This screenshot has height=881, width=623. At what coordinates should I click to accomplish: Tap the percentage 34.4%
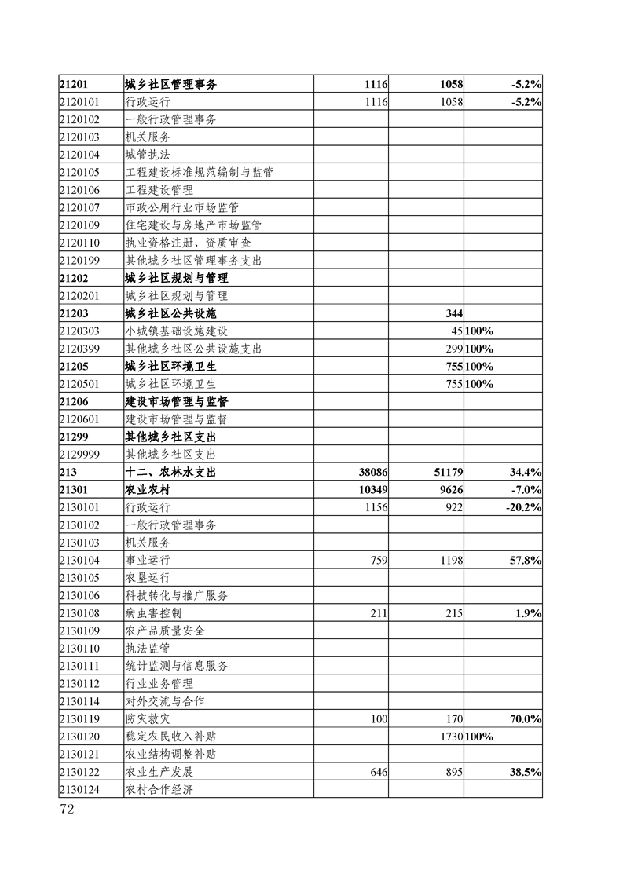[x=524, y=472]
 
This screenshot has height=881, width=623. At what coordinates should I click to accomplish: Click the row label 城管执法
[x=148, y=154]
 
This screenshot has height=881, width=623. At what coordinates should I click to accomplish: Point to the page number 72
[x=67, y=810]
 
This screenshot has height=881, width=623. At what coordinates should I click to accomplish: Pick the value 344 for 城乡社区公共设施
[x=453, y=313]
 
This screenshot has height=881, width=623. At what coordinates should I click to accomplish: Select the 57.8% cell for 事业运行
[x=524, y=560]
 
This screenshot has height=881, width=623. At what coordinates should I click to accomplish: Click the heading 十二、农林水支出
[x=170, y=472]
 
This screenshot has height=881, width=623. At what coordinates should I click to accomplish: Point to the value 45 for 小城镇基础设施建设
[x=456, y=331]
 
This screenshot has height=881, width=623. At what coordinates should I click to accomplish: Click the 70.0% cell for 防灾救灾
[x=524, y=718]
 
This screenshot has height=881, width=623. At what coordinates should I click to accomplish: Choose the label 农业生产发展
[x=159, y=772]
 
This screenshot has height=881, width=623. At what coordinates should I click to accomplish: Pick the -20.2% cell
[x=522, y=507]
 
